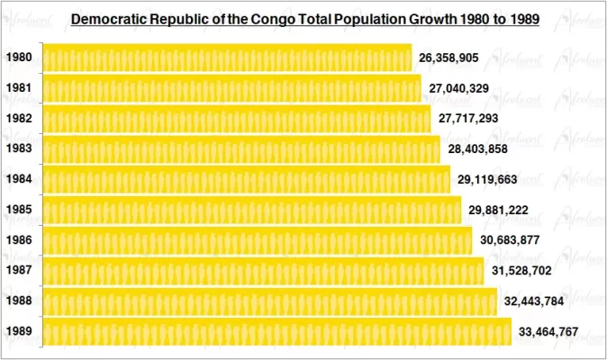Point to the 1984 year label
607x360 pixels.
[x=19, y=179]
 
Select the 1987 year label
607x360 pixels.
[x=19, y=271]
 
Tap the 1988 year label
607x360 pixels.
[x=19, y=301]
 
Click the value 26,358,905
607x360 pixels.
[x=448, y=58]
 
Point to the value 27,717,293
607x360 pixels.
[x=468, y=119]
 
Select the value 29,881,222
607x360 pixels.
[x=498, y=211]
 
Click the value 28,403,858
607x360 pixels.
[x=478, y=148]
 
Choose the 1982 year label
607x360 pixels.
[x=19, y=119]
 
